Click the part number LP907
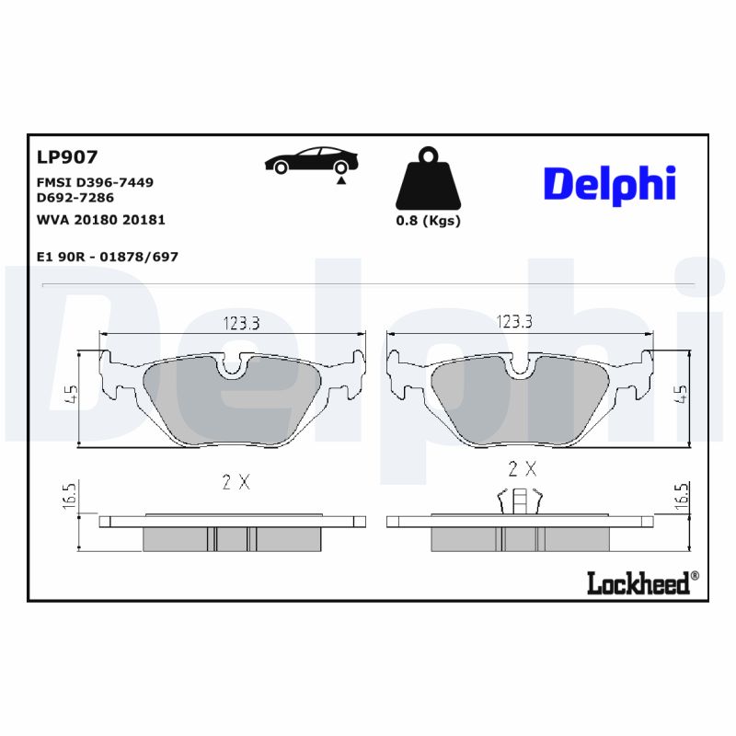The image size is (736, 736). pos(66,157)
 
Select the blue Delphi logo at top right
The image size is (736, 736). pos(609,184)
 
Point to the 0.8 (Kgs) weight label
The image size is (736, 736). pos(428,221)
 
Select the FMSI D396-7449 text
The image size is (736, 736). pos(94,182)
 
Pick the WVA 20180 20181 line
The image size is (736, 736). pos(100,220)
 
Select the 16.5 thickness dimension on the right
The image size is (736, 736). pos(682,498)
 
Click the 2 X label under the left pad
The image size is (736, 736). pos(235,481)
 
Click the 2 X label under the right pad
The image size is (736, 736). pos(522,469)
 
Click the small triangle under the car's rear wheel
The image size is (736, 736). pos(341,182)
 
